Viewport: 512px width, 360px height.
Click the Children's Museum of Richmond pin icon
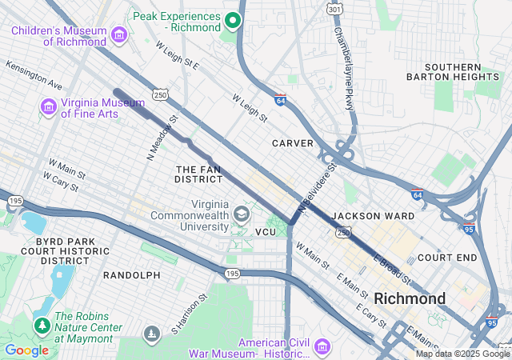click(119, 34)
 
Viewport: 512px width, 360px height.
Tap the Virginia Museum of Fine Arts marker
click(47, 106)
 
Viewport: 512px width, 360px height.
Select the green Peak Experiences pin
click(233, 21)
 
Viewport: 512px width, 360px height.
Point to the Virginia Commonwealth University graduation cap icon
click(241, 214)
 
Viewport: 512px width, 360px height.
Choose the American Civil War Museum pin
click(321, 346)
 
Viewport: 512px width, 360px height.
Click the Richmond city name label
click(410, 298)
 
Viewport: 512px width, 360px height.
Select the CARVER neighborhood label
click(291, 143)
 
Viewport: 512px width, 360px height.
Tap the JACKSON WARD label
click(373, 216)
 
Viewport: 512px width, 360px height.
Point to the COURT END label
click(447, 258)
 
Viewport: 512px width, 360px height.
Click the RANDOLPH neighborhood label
click(132, 275)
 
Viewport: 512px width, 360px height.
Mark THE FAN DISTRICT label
click(198, 175)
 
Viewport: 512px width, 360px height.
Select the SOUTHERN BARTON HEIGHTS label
click(454, 72)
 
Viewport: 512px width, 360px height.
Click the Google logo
click(26, 350)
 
